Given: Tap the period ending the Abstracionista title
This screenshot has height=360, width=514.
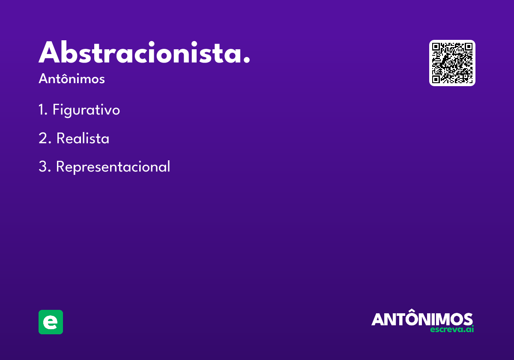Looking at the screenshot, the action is coord(246,60).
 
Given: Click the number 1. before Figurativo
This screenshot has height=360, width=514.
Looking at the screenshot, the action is coord(43,110).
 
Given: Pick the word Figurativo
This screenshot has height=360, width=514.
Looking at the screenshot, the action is coord(86,110).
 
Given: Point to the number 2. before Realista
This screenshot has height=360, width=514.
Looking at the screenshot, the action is coord(45,138).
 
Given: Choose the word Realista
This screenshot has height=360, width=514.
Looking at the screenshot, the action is coord(83,138).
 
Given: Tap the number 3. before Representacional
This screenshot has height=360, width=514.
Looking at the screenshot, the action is coord(45,166).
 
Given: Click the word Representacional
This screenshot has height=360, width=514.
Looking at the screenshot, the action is coord(113,167).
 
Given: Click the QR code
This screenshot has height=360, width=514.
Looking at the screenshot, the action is coord(452,63).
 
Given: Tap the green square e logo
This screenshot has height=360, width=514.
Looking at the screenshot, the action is coord(51,322).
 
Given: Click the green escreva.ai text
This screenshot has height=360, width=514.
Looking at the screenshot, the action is coord(452,330).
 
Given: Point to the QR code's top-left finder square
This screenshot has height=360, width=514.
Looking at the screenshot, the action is coord(436,47).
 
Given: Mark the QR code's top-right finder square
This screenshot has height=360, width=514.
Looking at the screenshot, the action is coord(469,47).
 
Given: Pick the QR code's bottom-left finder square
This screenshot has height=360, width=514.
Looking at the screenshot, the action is coord(436,79).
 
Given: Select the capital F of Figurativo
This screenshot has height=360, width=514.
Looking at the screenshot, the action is coord(56,109).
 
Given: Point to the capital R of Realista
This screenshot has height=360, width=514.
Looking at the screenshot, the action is coord(61,138).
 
